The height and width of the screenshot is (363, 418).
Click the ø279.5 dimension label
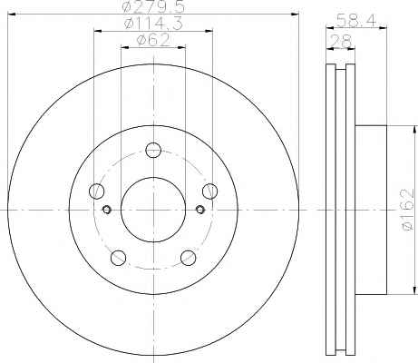153,6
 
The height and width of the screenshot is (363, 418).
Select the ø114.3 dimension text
153,24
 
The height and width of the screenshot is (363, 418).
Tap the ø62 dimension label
153,40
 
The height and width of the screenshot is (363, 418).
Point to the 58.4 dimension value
356,21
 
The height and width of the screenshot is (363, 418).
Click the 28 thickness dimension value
341,41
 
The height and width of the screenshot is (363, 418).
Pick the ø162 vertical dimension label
407,210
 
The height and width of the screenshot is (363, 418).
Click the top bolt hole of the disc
153,150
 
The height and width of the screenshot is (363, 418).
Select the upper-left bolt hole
97,191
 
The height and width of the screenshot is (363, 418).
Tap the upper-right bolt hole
209,191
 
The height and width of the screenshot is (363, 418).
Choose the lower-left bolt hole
118,258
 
